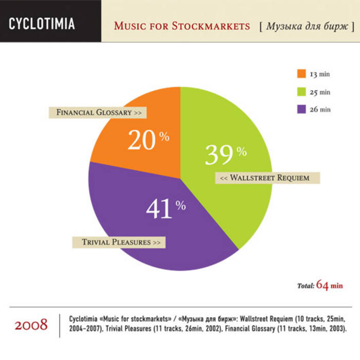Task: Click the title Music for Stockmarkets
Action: pos(182,26)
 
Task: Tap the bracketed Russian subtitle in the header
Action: pos(307,26)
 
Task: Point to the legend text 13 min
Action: pos(319,74)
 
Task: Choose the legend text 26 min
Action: pos(319,110)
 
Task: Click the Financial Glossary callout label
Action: pos(98,112)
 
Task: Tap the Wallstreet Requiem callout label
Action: pos(267,178)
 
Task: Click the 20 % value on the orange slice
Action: pos(148,139)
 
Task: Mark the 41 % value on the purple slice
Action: pos(165,208)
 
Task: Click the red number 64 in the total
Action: pos(322,284)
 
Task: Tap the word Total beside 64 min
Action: pos(305,285)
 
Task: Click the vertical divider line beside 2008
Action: pos(60,325)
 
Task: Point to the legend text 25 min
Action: pos(319,92)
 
